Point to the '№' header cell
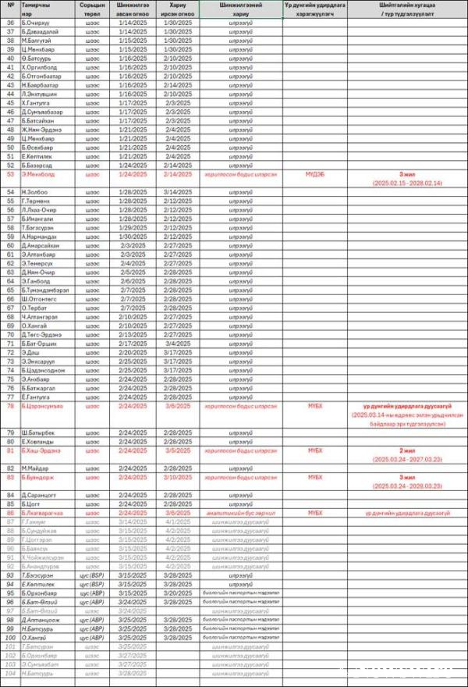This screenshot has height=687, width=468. pyautogui.click(x=10, y=5)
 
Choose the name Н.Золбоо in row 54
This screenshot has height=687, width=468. pyautogui.click(x=36, y=192)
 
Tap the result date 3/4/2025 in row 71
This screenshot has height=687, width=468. pyautogui.click(x=177, y=343)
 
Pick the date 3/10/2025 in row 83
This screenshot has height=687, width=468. pyautogui.click(x=177, y=477)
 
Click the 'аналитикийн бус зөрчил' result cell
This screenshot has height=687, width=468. pyautogui.click(x=239, y=513)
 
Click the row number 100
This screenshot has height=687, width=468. pyautogui.click(x=10, y=638)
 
